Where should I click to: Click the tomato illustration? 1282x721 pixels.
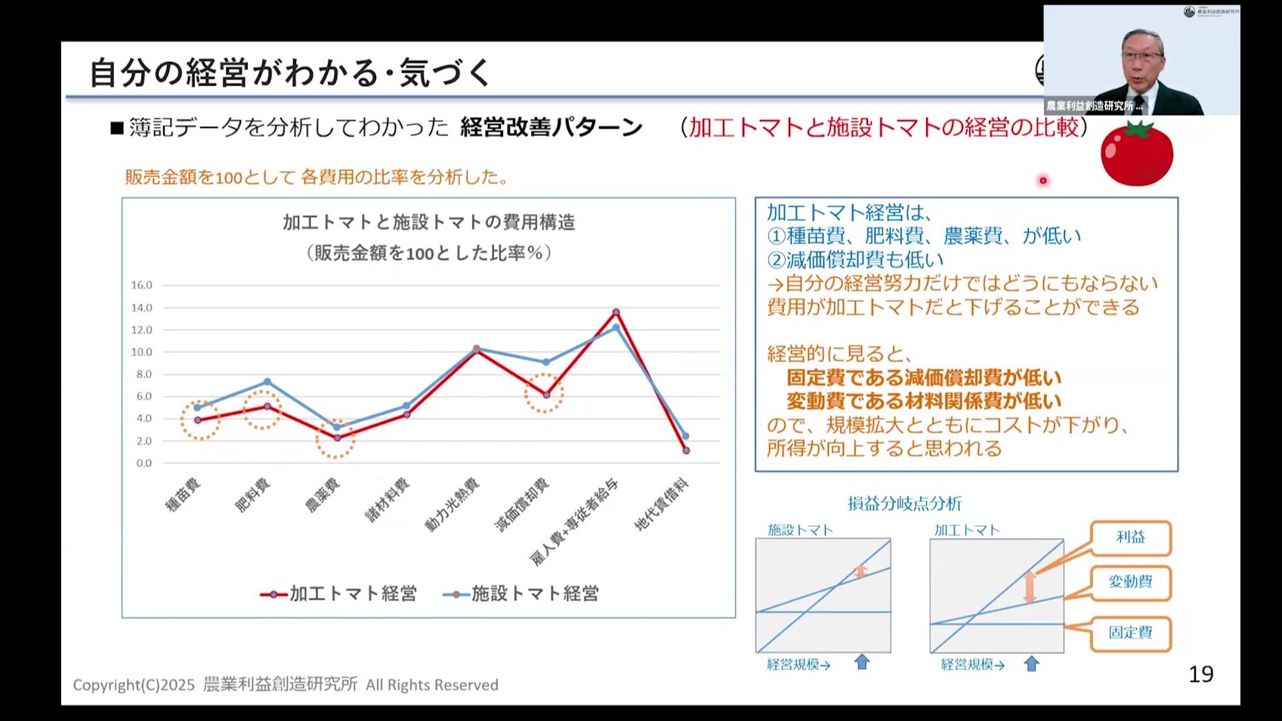coord(1136,154)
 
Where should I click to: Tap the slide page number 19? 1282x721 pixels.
coord(1200,673)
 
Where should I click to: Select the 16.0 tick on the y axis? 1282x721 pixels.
coord(141,285)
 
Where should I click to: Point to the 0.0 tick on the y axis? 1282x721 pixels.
coord(144,463)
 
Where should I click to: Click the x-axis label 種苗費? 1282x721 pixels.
coord(183,496)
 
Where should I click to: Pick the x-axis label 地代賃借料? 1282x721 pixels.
coord(662,504)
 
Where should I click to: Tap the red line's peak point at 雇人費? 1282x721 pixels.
coord(616,312)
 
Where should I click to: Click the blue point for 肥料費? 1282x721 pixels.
coord(267,382)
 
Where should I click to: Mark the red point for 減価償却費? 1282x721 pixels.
coord(546,395)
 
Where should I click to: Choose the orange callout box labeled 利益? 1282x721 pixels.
coord(1130,537)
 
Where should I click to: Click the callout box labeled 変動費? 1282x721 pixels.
coord(1130,582)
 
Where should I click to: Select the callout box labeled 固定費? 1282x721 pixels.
coord(1130,633)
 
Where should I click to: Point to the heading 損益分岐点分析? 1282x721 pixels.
coord(904,503)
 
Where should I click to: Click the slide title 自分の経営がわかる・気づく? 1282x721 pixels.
coord(291,73)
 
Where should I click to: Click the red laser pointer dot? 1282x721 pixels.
coord(1043,181)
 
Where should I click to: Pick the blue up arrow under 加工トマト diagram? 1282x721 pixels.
coord(1031,664)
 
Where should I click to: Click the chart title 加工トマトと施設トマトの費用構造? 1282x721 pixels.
coord(428,222)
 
